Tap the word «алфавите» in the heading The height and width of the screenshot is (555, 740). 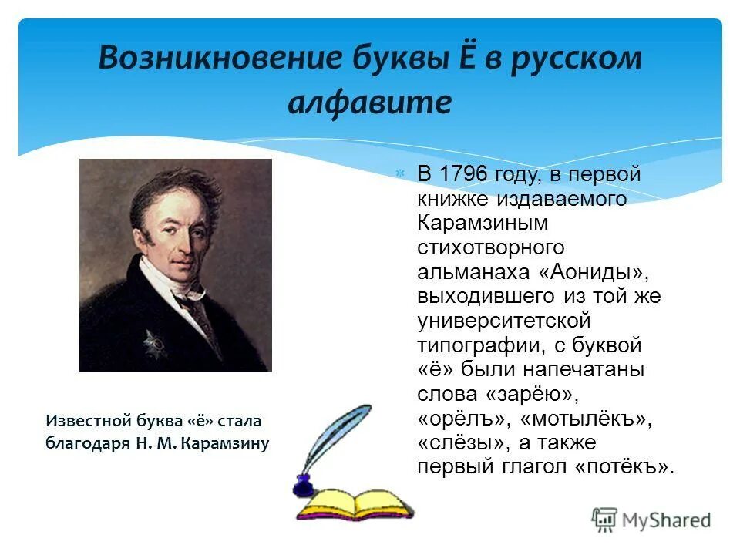point(370,102)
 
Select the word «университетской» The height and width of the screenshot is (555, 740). point(503,321)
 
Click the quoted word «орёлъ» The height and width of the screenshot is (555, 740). point(465,419)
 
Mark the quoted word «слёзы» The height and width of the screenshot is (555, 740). point(462,443)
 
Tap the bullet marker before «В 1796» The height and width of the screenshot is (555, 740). point(400,175)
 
